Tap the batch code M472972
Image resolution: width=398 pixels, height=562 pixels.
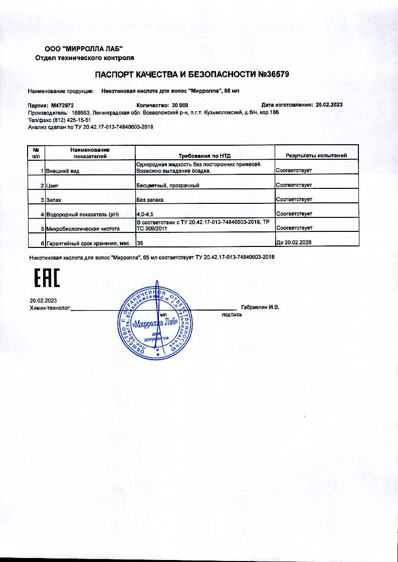(63, 106)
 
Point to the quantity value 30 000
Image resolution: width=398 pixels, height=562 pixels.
(180, 106)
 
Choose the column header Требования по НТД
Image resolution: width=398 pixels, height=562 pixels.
(205, 156)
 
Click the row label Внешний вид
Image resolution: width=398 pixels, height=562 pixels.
(63, 171)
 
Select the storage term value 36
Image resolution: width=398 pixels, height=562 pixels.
(140, 243)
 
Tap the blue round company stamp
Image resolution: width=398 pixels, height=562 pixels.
(155, 323)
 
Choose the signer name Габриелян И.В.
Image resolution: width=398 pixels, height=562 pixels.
(260, 307)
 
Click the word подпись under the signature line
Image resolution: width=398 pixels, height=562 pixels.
(232, 315)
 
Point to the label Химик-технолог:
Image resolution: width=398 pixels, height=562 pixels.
(50, 308)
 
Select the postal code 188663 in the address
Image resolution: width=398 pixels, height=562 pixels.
(76, 113)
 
